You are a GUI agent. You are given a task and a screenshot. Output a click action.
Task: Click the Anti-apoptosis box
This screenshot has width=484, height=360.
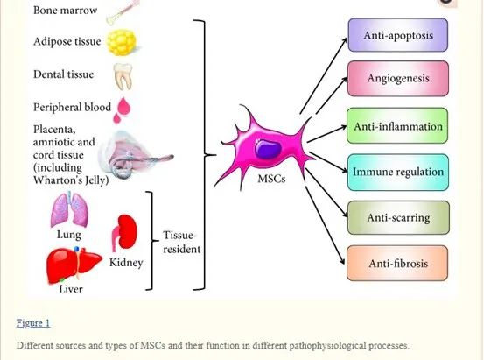[x=398, y=35]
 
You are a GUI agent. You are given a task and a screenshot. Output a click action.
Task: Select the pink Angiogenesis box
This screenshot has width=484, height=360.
[x=398, y=78]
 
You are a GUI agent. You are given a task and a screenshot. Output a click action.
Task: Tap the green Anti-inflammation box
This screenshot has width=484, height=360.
[x=397, y=126]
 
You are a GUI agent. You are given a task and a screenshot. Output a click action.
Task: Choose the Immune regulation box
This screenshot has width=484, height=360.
[x=398, y=172]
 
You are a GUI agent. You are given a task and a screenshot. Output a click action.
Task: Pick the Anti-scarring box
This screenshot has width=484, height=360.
[x=398, y=217]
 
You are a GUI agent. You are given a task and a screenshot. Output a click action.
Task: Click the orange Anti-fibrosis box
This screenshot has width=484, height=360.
[x=397, y=264]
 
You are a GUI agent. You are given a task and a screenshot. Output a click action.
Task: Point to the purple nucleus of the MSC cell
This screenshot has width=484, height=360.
[x=268, y=149]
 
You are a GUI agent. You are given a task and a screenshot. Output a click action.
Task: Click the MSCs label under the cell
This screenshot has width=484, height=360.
[x=271, y=179]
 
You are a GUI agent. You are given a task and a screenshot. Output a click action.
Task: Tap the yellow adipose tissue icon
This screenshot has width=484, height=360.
[x=122, y=42]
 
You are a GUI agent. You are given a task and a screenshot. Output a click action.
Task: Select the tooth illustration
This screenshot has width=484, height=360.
[x=123, y=75]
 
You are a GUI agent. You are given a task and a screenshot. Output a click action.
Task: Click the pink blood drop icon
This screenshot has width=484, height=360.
[x=122, y=109]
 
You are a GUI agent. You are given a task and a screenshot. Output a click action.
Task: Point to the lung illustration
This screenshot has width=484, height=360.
[x=70, y=209]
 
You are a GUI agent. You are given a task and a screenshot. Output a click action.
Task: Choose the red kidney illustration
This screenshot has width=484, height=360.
[x=124, y=232]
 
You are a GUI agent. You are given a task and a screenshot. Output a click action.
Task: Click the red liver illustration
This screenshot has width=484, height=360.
[x=74, y=265]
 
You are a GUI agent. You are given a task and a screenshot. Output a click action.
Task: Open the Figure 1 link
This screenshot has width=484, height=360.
[x=33, y=323]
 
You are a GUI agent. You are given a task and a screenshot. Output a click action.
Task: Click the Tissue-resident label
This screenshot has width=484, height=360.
[x=182, y=242]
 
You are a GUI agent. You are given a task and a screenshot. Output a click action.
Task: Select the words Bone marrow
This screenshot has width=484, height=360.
[x=65, y=10]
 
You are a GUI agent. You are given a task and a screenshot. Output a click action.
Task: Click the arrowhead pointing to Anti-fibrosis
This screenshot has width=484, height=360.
[x=342, y=260]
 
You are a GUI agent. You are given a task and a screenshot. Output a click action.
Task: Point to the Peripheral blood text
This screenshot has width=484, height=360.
[x=72, y=107]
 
